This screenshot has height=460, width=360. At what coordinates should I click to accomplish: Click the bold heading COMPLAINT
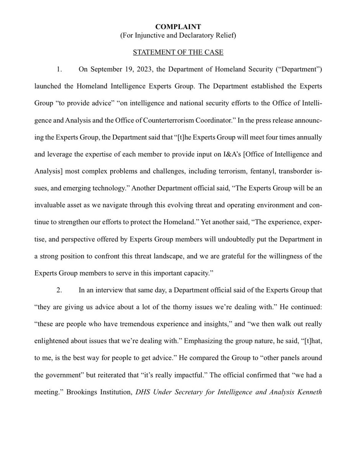(180, 27)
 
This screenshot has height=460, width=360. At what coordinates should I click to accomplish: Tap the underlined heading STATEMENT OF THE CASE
(180, 52)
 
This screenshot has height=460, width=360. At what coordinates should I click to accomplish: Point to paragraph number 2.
(59, 291)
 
